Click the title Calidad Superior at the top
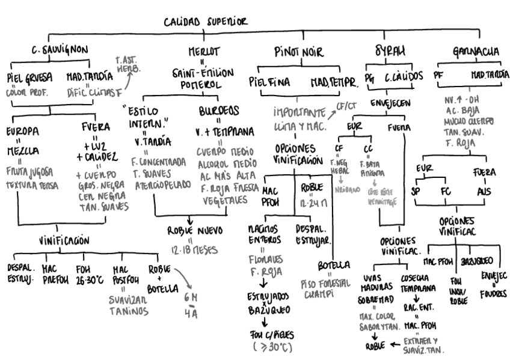206,22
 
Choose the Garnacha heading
475,51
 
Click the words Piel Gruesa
29,77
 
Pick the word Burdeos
219,111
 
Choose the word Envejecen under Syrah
389,103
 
